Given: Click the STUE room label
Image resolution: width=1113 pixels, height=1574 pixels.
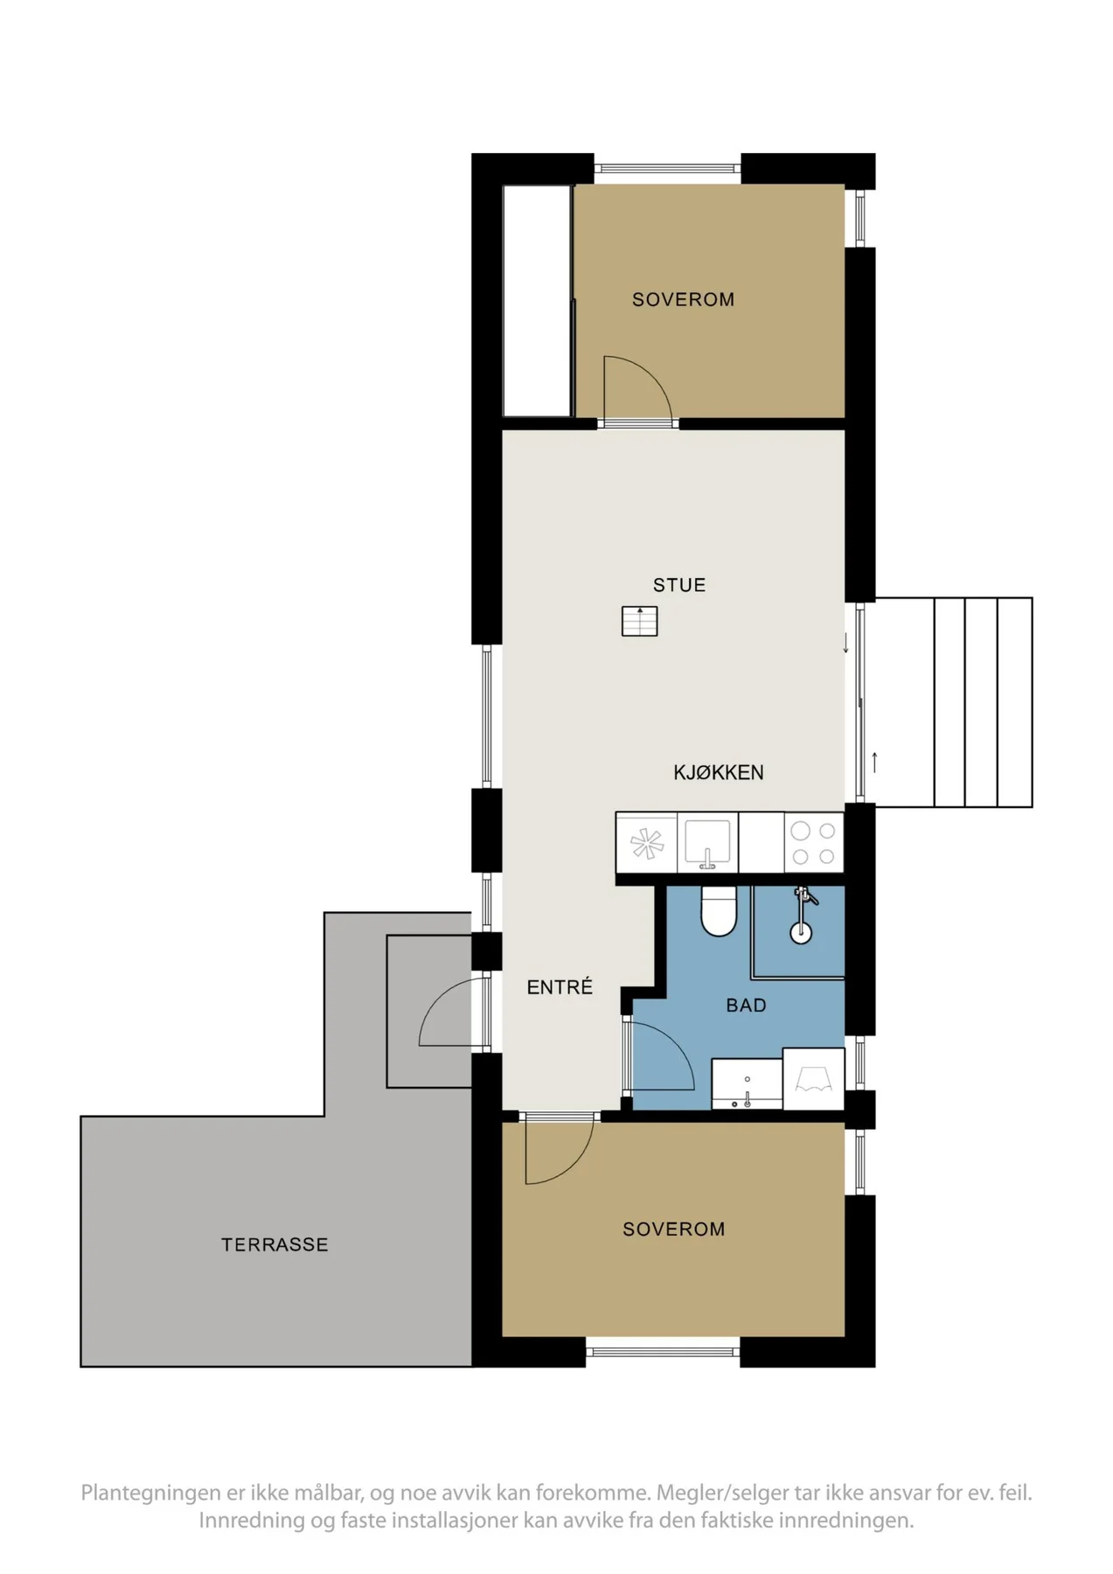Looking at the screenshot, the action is [x=678, y=585].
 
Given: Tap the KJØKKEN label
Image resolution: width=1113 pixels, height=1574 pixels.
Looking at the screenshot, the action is [x=718, y=772].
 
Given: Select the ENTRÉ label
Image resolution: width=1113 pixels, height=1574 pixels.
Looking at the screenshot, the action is [x=560, y=986].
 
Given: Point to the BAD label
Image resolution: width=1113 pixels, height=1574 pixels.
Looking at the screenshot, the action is [x=746, y=1006].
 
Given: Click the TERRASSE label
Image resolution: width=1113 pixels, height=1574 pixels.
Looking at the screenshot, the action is [x=275, y=1244].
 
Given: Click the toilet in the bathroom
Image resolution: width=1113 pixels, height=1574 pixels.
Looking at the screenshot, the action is [x=718, y=910].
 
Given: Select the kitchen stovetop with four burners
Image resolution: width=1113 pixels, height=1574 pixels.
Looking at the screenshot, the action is [x=813, y=843].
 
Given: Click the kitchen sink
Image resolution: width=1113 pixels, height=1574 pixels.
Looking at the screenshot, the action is [x=707, y=843].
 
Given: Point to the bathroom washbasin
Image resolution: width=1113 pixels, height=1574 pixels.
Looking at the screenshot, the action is [x=747, y=1084].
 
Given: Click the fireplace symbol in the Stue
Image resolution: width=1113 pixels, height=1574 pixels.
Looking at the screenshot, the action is [x=639, y=621].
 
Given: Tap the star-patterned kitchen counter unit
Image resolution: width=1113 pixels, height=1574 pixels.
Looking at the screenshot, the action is [x=646, y=843].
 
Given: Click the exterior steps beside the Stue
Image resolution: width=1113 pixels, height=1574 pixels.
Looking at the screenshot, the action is [x=953, y=702].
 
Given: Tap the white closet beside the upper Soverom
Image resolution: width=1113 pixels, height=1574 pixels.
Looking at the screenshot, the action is [x=538, y=301].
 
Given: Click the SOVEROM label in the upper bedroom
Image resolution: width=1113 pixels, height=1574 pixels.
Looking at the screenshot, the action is [x=683, y=299].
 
